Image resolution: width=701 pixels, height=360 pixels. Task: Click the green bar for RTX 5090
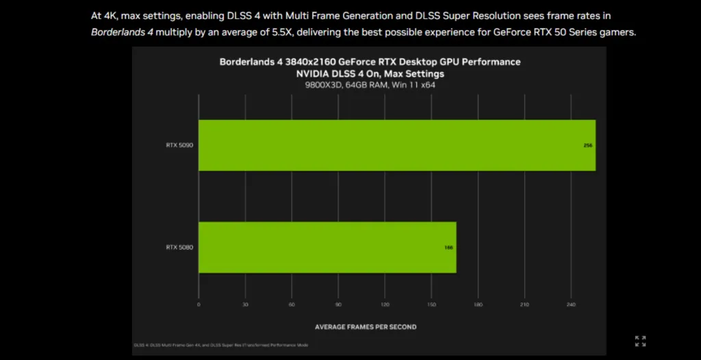397,145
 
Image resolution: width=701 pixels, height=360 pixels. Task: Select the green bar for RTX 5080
327,247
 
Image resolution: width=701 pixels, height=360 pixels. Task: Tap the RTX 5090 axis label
179,145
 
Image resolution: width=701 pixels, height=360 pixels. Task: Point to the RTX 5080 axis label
179,247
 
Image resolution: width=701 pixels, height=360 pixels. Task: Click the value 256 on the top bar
587,146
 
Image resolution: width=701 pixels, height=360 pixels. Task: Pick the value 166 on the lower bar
448,247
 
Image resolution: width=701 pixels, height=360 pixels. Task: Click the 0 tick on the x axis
199,305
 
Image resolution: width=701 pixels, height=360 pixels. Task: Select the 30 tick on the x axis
245,305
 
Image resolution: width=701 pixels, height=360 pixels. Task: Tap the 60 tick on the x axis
292,305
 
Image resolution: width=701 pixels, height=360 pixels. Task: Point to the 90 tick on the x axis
338,305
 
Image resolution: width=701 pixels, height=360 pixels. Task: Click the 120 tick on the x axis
385,305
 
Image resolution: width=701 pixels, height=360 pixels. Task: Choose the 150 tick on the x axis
431,305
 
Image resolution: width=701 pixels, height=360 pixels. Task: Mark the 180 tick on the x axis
478,305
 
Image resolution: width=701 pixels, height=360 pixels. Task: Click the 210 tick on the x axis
524,305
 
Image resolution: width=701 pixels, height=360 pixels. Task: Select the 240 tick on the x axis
571,305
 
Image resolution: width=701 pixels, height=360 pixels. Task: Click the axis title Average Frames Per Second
366,327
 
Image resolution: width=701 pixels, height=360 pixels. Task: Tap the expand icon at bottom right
641,341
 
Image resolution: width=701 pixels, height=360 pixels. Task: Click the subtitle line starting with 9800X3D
370,85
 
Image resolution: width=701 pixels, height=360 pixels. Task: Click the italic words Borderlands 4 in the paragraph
122,32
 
